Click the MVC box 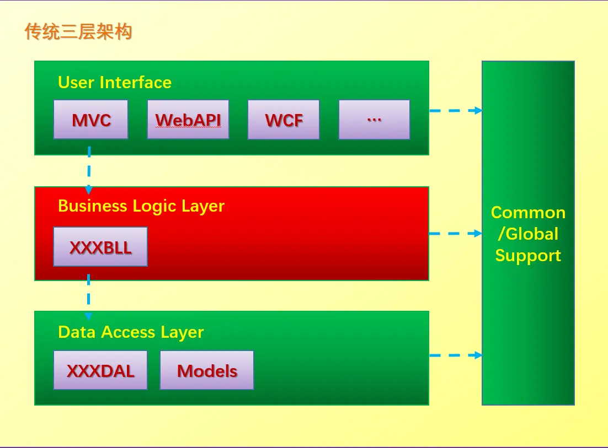point(90,119)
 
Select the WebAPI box point(188,119)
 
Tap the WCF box point(284,119)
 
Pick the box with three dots point(374,119)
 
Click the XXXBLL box point(100,247)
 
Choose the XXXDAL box point(100,370)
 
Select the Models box point(207,370)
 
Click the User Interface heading point(115,83)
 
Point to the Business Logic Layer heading point(141,207)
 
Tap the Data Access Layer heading point(131,333)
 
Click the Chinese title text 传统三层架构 point(78,31)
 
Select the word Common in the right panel point(528,213)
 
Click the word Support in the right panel point(528,256)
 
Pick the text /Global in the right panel point(528,234)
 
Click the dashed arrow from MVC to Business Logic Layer point(89,170)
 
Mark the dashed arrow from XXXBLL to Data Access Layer point(89,297)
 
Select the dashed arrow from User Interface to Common point(456,111)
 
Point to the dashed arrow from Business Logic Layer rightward point(456,234)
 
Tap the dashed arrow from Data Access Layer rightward point(456,355)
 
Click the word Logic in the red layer point(154,207)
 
